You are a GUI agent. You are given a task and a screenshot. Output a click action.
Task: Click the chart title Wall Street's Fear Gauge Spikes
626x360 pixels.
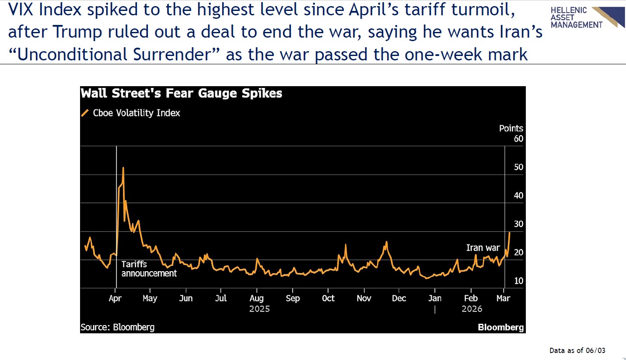pos(182,94)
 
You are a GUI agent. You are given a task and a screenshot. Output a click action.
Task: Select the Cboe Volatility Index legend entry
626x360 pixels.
pos(136,113)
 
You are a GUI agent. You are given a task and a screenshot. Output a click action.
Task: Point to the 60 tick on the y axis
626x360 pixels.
pos(518,139)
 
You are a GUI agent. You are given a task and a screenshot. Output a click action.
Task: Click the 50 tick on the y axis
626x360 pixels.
pos(518,167)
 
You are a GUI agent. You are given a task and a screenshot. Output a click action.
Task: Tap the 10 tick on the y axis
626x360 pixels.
pos(518,281)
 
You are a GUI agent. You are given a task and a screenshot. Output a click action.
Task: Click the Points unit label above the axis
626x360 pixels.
pos(511,129)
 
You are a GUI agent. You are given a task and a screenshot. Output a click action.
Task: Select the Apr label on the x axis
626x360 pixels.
pos(115,298)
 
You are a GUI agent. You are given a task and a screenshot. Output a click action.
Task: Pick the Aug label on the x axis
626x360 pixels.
pos(256,298)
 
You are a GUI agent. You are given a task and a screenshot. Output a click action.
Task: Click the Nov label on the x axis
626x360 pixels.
pos(364,298)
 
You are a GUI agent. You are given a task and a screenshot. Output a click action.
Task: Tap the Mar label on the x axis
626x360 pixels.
pos(504,298)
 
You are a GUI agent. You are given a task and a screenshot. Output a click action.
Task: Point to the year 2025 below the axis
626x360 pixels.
pos(259,309)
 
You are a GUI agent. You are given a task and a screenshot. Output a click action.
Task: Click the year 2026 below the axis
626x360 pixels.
pos(472,309)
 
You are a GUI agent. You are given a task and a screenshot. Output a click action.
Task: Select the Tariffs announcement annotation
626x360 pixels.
pos(149,269)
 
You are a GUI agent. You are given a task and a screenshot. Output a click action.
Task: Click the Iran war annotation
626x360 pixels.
pos(483,248)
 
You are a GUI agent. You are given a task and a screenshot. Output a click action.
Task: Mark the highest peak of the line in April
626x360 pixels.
pos(123,168)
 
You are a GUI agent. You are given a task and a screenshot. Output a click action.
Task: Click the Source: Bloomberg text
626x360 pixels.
pos(118,327)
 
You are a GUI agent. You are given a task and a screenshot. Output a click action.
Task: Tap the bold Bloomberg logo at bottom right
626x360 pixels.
pos(500,327)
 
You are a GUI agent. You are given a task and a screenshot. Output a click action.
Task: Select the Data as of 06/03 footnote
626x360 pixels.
pos(577,350)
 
